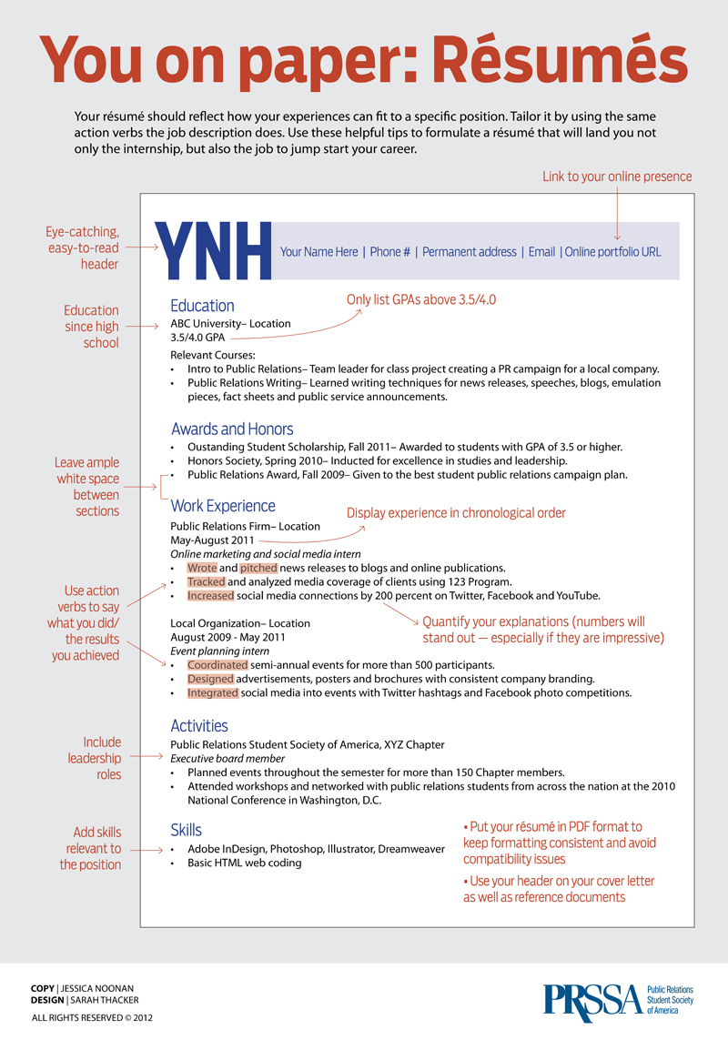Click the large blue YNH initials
tap(215, 251)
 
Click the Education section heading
tap(202, 306)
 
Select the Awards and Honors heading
tap(232, 429)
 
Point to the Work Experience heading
tap(223, 506)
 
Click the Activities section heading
tap(199, 725)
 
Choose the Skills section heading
tap(186, 830)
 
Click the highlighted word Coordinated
tap(217, 665)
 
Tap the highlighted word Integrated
tap(213, 692)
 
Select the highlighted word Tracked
tap(206, 581)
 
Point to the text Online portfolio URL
tap(613, 252)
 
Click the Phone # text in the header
tap(389, 252)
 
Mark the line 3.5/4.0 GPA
tap(197, 338)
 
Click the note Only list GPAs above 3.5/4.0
tap(421, 299)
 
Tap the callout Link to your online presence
tap(617, 177)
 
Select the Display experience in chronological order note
tap(456, 513)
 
